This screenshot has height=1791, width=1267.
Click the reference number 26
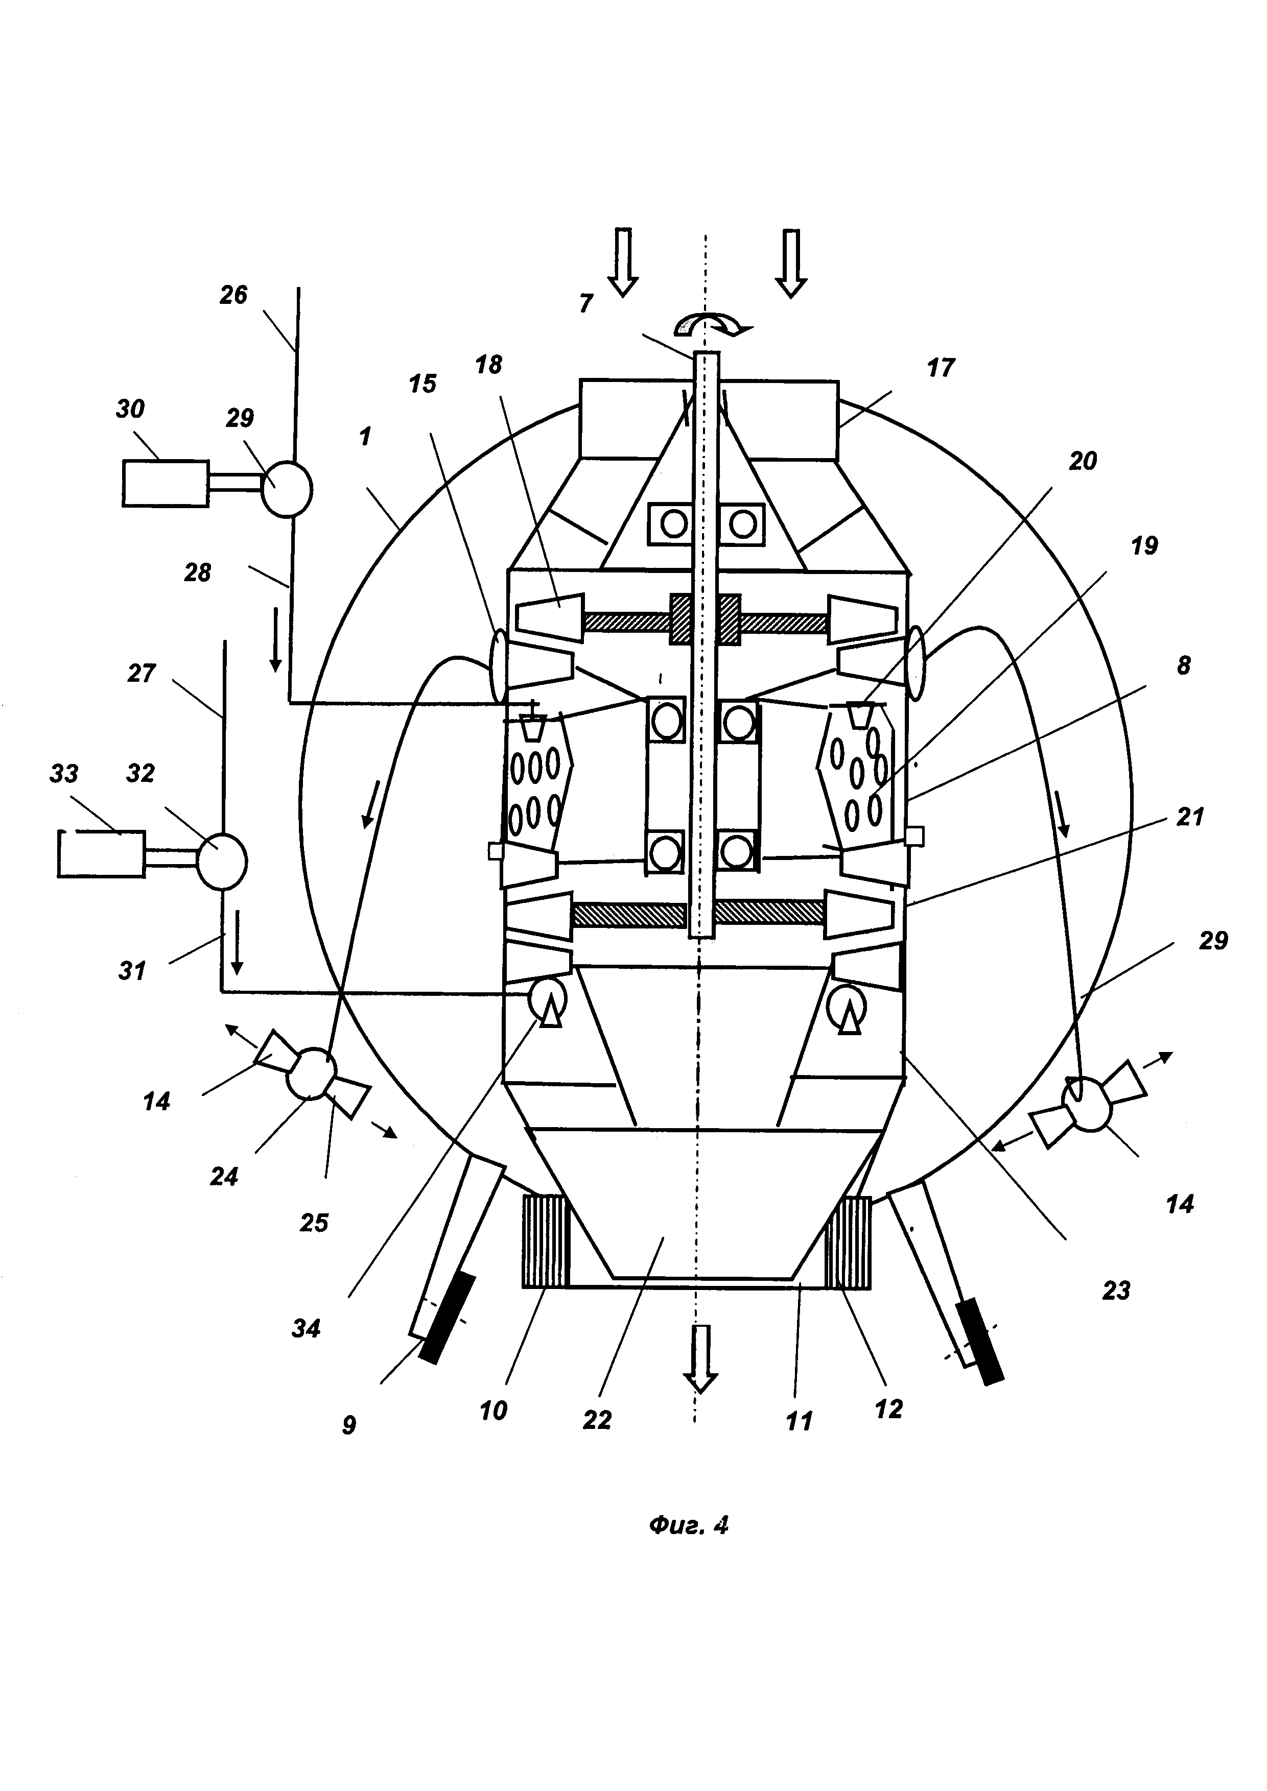click(233, 295)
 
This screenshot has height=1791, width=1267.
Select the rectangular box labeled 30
click(166, 484)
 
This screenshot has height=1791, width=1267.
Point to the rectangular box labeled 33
click(102, 854)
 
